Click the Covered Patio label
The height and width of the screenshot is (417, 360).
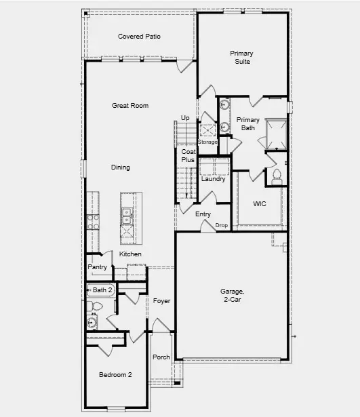(139, 37)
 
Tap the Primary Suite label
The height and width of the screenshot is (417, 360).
(240, 57)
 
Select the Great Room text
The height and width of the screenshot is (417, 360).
(130, 106)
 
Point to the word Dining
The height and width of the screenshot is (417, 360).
(121, 167)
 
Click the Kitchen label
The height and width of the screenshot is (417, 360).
(131, 254)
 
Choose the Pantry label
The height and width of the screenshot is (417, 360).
(98, 267)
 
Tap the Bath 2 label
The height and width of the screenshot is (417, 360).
(102, 290)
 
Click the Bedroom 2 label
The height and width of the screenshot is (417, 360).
(115, 375)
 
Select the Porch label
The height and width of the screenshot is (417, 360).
(161, 357)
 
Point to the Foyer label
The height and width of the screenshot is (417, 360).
(161, 300)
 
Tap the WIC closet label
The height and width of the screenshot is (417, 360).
(260, 203)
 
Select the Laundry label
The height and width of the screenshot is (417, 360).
(214, 179)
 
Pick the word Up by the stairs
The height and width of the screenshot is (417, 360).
(185, 118)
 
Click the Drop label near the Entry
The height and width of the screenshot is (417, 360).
(222, 225)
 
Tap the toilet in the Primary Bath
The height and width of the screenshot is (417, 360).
(276, 176)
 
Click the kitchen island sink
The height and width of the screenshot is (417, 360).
(127, 216)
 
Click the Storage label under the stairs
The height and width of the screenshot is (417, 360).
(207, 142)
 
